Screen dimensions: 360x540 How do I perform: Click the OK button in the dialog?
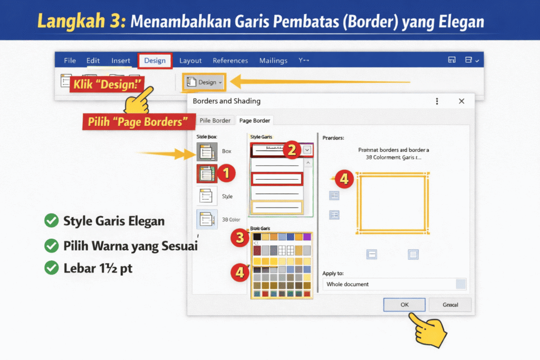(x=404, y=305)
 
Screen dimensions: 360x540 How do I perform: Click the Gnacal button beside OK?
(x=450, y=305)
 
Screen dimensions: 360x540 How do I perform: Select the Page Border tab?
(x=255, y=120)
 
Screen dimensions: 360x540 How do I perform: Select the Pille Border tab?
(x=215, y=120)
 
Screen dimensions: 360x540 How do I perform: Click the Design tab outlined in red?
(x=155, y=61)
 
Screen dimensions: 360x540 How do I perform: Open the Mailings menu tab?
(x=273, y=61)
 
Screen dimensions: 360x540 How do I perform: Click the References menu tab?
(x=230, y=61)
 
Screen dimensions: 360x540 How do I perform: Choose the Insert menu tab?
(x=121, y=61)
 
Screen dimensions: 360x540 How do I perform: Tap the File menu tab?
(x=70, y=61)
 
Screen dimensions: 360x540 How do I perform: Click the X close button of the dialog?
(x=461, y=101)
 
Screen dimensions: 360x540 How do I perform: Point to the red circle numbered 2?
(x=291, y=150)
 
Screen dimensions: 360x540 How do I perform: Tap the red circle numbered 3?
(x=240, y=238)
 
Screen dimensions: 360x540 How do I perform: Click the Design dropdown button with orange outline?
(x=204, y=82)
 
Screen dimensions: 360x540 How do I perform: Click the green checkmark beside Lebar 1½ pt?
(x=51, y=268)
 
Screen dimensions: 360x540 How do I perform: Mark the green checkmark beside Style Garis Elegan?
(x=51, y=221)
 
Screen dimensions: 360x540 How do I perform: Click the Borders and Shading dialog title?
(x=227, y=101)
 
